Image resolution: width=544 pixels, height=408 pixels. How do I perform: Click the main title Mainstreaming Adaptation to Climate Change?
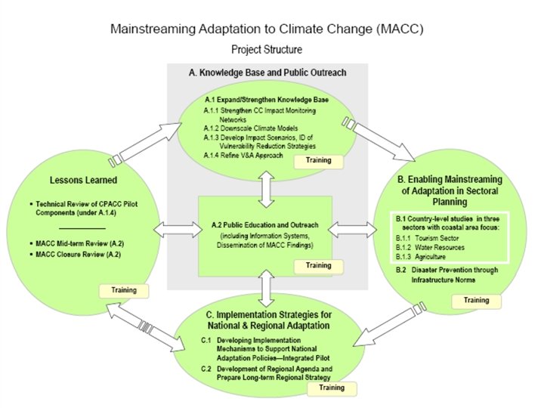tap(266, 29)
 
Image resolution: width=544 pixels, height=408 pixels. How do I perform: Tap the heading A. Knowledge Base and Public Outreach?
tap(267, 73)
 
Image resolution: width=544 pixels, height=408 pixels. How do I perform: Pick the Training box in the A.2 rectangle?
tap(318, 266)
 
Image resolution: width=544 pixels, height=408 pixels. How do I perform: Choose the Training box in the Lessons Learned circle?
tap(124, 289)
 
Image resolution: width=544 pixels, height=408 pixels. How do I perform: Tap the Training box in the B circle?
tap(475, 300)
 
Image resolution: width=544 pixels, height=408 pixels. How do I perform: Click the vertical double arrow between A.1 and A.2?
tap(264, 187)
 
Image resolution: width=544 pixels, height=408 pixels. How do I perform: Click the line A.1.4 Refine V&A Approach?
tap(243, 155)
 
